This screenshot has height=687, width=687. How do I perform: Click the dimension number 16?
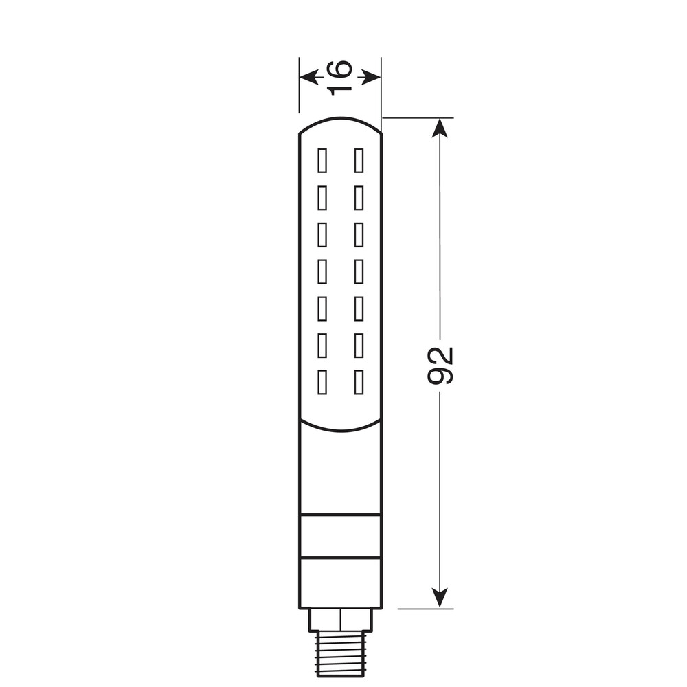(x=340, y=77)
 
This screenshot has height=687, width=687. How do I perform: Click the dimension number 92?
(x=440, y=364)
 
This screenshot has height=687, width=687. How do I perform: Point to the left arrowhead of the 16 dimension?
(x=308, y=77)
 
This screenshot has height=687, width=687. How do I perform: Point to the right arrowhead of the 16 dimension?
(x=372, y=77)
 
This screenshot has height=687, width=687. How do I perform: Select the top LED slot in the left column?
(x=322, y=161)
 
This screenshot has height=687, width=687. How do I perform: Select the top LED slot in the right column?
(x=359, y=161)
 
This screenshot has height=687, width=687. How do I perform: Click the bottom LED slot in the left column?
(x=322, y=383)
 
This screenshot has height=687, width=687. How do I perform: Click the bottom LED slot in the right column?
(x=359, y=383)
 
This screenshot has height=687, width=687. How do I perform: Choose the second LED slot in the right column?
(x=359, y=198)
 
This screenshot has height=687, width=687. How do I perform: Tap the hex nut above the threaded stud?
(x=340, y=620)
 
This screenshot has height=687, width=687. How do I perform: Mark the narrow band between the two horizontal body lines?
(x=340, y=535)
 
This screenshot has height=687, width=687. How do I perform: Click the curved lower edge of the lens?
(x=340, y=430)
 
